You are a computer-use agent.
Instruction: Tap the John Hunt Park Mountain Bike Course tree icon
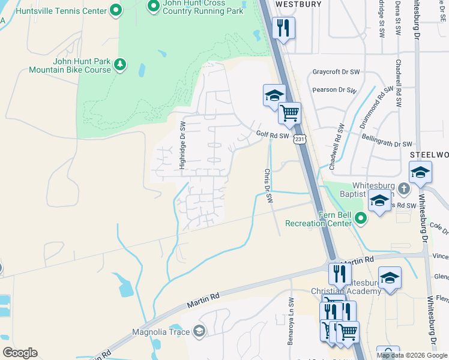pos(120,64)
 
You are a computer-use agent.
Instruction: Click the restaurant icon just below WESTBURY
pos(283,28)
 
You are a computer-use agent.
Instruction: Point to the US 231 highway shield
pos(300,139)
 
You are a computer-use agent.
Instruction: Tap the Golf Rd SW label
pos(273,136)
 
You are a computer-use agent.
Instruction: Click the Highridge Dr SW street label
pos(183,145)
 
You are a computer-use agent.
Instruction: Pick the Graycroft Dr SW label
pos(336,72)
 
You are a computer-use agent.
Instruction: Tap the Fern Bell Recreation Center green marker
pos(360,218)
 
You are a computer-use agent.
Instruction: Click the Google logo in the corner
pos(20,353)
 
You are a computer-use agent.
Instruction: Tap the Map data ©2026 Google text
pos(412,355)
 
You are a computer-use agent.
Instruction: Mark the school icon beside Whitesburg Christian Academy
pos(390,277)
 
